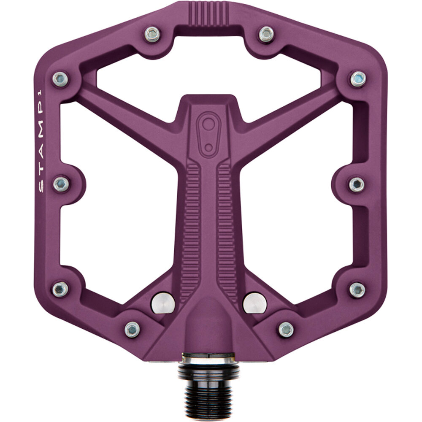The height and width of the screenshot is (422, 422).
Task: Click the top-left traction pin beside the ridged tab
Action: (x=152, y=34)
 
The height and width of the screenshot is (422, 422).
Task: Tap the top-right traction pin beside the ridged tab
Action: (x=266, y=34)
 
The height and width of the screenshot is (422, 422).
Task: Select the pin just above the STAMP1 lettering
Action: (x=60, y=78)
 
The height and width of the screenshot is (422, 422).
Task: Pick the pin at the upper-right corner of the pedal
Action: (x=358, y=78)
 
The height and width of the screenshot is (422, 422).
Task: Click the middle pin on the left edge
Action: (x=61, y=184)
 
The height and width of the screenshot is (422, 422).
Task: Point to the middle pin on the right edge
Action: (x=357, y=184)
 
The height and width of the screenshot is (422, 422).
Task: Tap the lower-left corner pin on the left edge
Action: (x=60, y=289)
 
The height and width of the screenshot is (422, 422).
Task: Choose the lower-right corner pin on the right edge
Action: (x=357, y=289)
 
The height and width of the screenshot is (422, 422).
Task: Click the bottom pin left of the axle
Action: (x=132, y=329)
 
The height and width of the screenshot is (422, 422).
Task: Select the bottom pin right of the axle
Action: (x=286, y=329)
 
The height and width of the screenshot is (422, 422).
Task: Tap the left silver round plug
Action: (x=163, y=302)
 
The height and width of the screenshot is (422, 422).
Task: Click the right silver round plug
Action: (x=255, y=302)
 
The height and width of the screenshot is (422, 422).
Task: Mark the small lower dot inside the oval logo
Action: (x=208, y=147)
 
